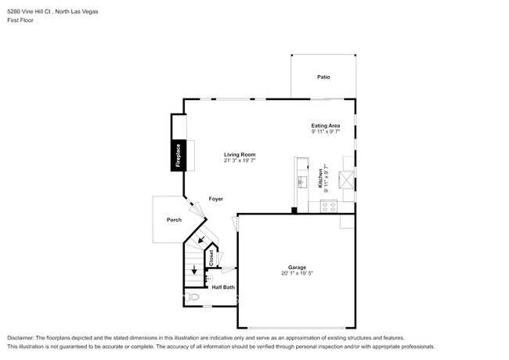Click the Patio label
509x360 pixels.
click(323, 77)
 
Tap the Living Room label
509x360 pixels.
click(240, 155)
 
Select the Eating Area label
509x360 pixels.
click(326, 125)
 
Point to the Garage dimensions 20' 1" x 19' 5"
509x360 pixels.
click(297, 273)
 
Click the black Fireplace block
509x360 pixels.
click(179, 156)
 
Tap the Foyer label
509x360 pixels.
click(216, 199)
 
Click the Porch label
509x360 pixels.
click(174, 220)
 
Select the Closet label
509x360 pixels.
click(211, 257)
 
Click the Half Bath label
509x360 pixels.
click(223, 287)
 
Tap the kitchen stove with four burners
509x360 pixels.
click(329, 207)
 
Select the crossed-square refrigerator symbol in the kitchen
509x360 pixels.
click(346, 180)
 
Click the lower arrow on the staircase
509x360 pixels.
click(194, 270)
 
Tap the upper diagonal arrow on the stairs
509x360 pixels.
click(201, 239)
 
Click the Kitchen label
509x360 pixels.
click(320, 178)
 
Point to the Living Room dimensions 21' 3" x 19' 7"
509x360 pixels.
click(240, 160)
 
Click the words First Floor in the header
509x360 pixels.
click(20, 20)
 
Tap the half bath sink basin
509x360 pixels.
click(210, 279)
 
